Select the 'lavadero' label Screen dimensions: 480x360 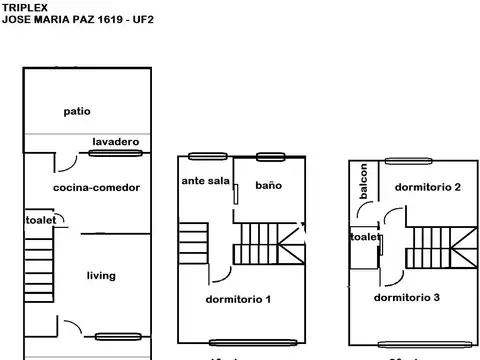[x=115, y=142]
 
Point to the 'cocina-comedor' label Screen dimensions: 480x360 [x=96, y=187]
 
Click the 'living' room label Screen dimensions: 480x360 [x=101, y=275]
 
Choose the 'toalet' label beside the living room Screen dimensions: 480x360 [x=40, y=220]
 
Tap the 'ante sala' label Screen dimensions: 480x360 [x=206, y=181]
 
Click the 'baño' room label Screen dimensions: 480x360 [x=268, y=185]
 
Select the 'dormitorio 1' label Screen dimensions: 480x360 [x=238, y=298]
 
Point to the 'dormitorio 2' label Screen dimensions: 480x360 [x=427, y=187]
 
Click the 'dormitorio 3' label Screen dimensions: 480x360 [x=407, y=297]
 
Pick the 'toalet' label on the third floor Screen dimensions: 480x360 [x=364, y=237]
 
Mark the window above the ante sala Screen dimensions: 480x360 [x=204, y=155]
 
